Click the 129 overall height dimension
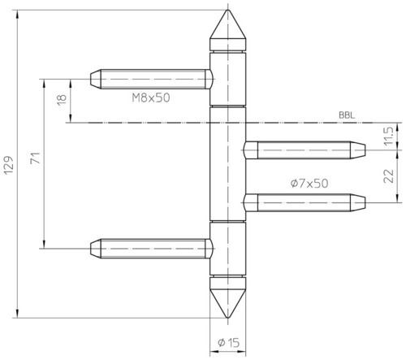(9, 165)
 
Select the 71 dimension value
(36, 158)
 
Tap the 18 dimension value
(62, 100)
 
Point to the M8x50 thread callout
(151, 98)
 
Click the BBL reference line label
(347, 115)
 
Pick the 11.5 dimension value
(388, 137)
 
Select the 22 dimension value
(388, 176)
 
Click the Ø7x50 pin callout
(309, 184)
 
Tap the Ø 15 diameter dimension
(229, 343)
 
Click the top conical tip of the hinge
(228, 10)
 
